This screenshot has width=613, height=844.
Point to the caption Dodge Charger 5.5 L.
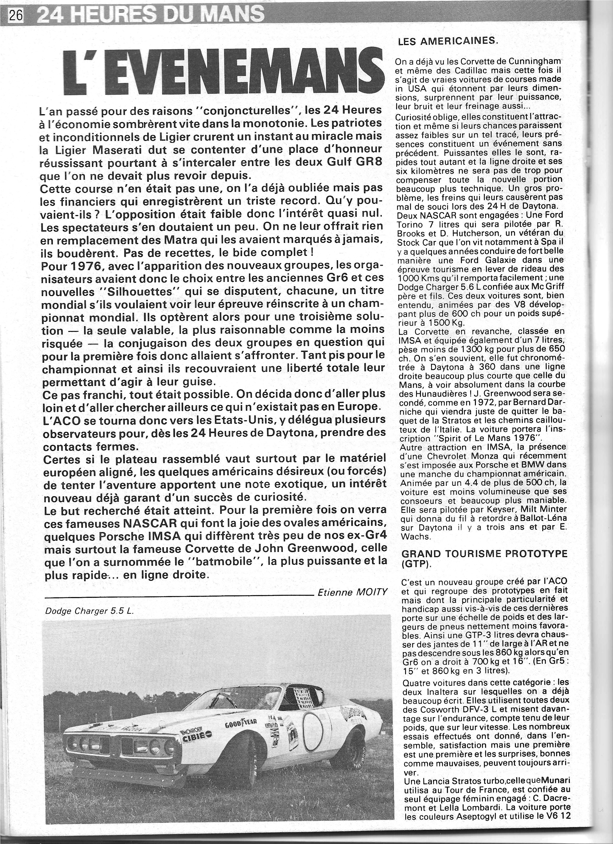(x=89, y=611)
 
